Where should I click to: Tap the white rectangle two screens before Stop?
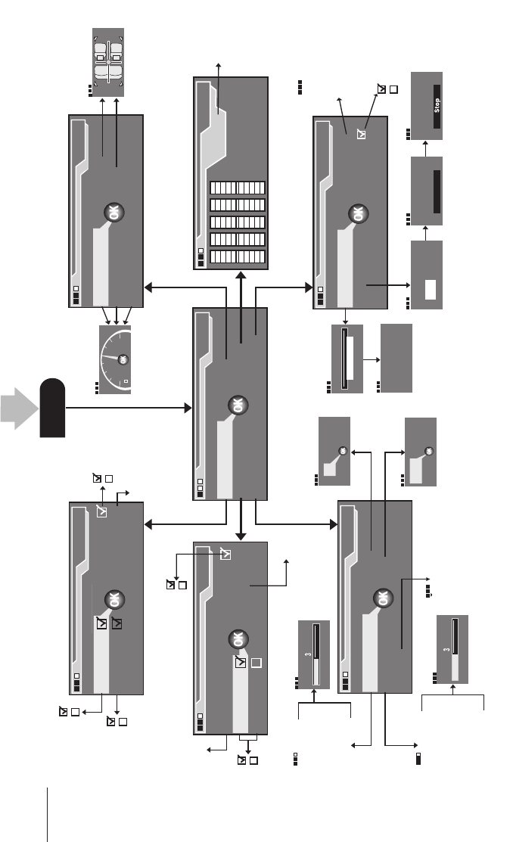[x=430, y=288]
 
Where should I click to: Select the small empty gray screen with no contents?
[x=396, y=358]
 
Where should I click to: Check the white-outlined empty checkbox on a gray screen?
[x=256, y=663]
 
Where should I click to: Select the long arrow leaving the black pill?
[x=129, y=408]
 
